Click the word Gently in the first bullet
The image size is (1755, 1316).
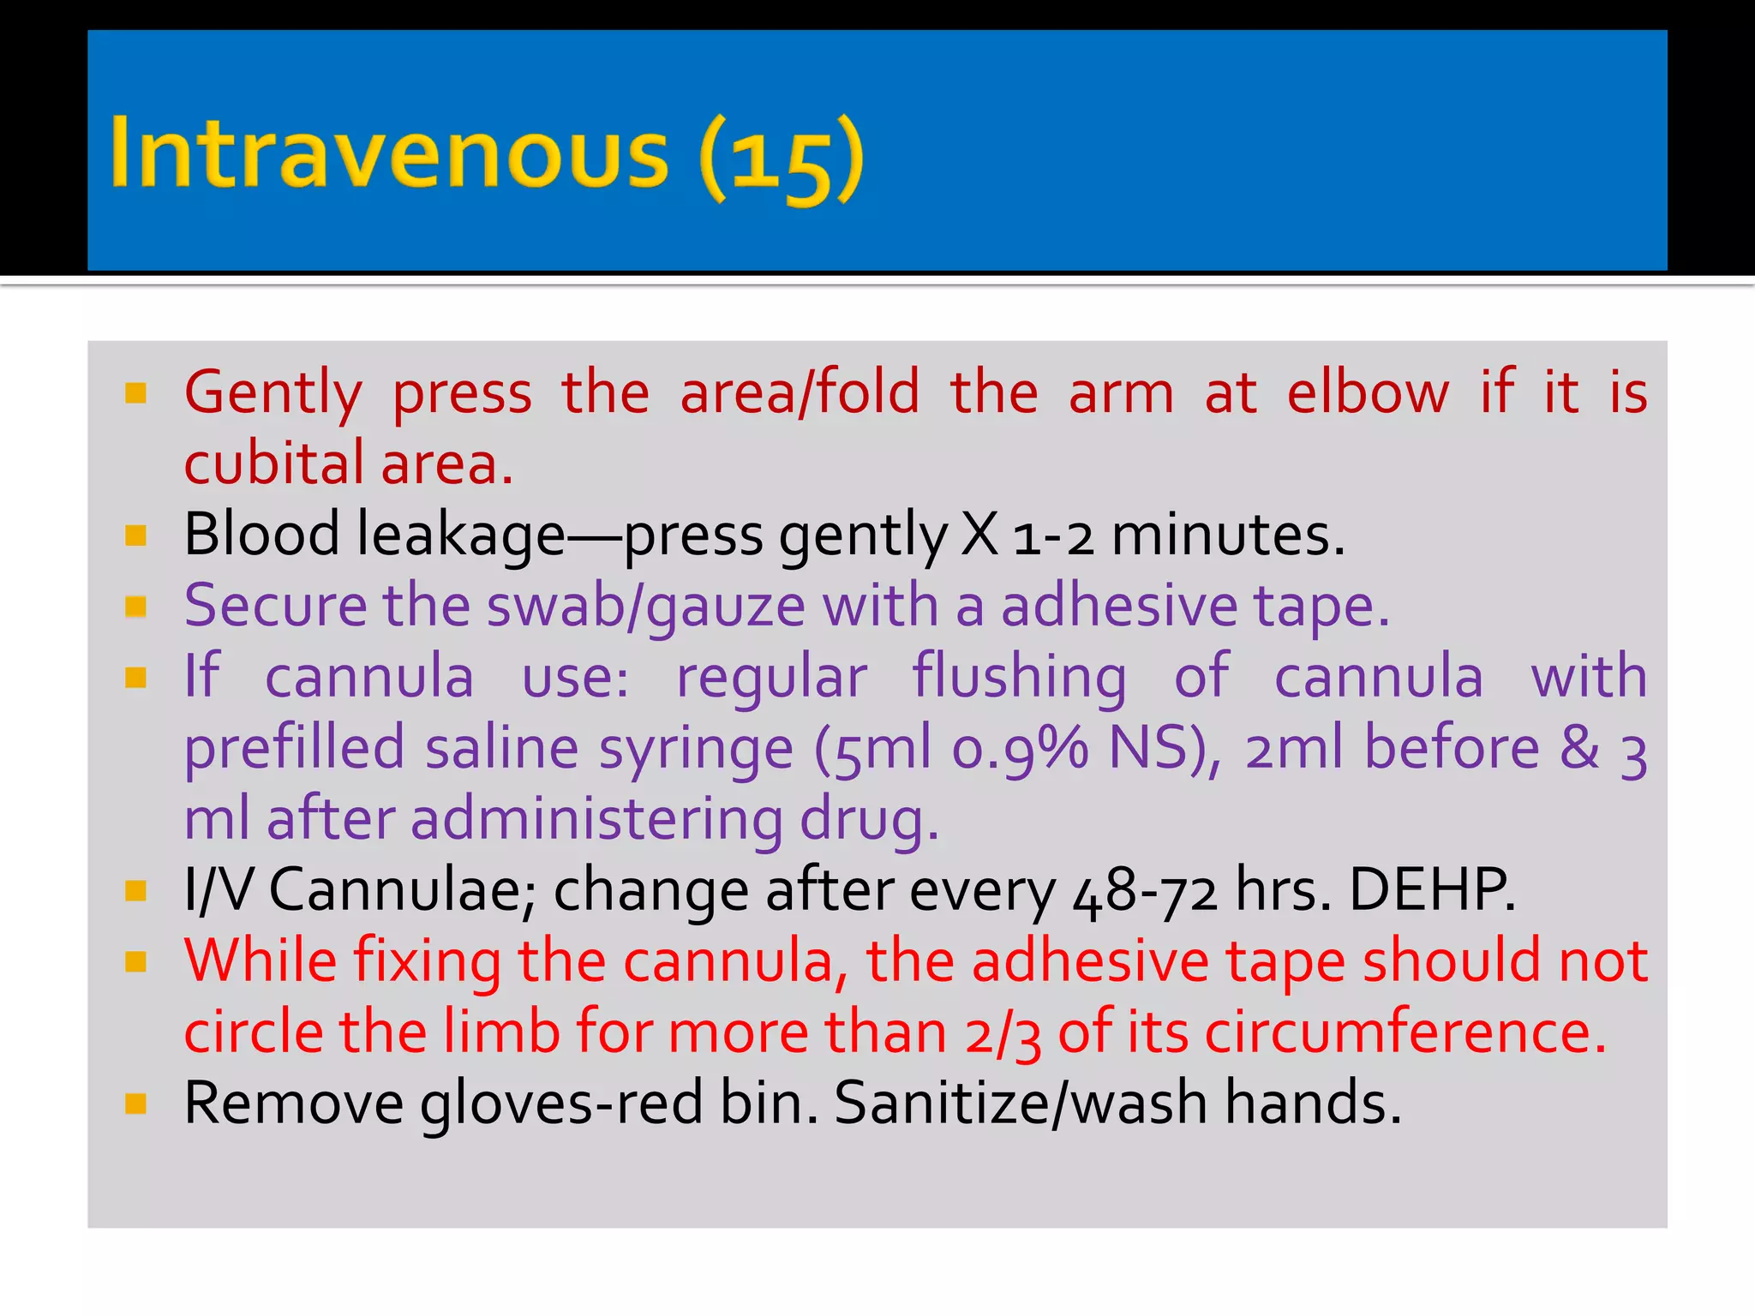point(273,394)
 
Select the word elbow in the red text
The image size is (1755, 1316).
point(1369,392)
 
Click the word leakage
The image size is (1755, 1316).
point(461,535)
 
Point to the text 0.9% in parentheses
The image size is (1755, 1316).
point(1021,749)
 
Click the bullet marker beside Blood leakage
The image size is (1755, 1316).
point(136,535)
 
